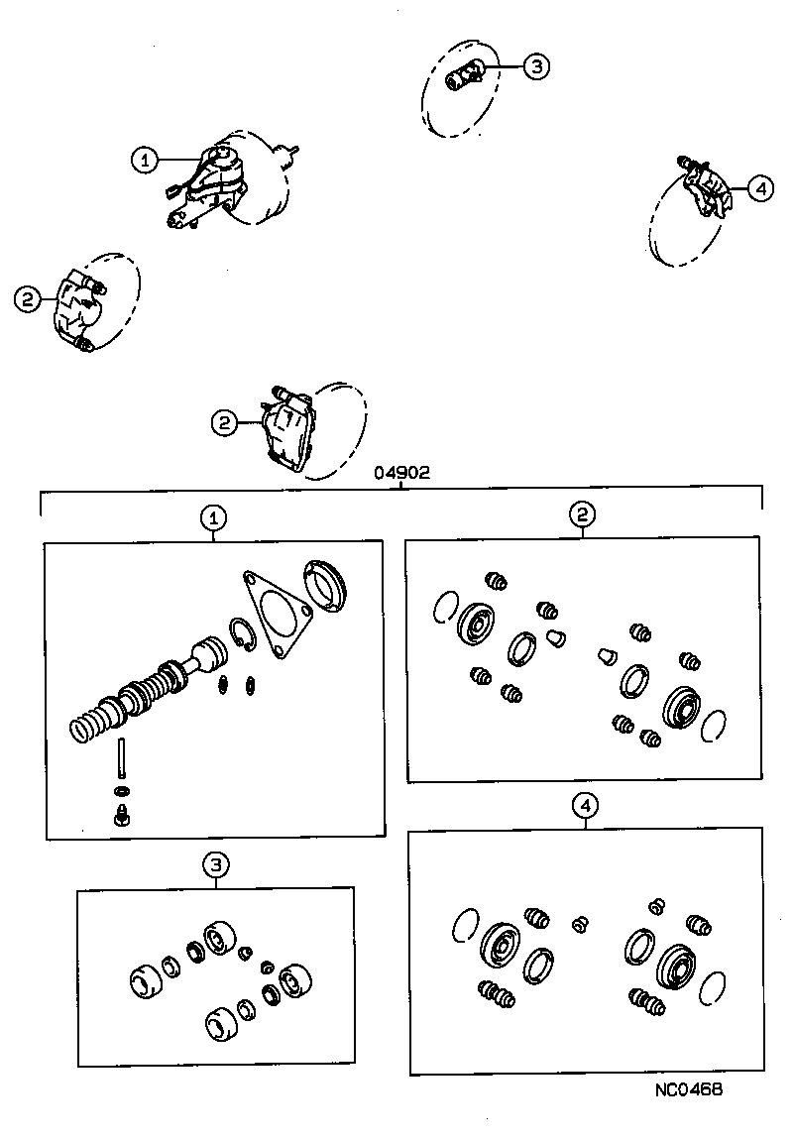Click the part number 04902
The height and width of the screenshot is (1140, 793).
[x=401, y=473]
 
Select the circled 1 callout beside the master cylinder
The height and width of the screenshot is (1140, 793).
[x=146, y=160]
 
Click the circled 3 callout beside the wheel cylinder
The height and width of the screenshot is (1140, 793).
[x=534, y=66]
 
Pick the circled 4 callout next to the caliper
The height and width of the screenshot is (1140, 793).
[x=760, y=187]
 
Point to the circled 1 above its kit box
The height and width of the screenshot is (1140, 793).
[x=213, y=516]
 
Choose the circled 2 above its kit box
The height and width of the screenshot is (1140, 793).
[x=582, y=513]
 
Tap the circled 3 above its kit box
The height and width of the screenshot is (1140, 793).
[x=216, y=865]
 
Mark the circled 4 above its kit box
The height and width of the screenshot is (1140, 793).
[x=586, y=806]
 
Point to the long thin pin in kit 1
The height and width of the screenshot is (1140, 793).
[x=121, y=759]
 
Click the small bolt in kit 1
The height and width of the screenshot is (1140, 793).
[x=121, y=815]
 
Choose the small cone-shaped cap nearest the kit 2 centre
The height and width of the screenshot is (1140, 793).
[x=556, y=636]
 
